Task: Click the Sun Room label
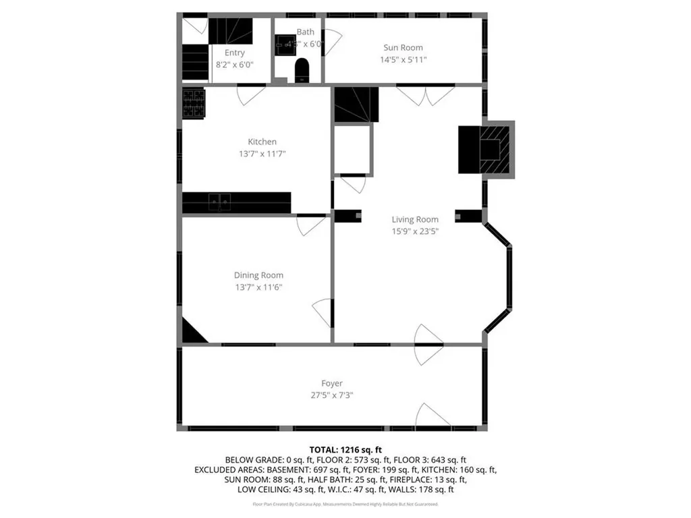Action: tap(403, 47)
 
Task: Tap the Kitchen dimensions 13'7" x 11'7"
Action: tap(262, 154)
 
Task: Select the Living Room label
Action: tap(415, 219)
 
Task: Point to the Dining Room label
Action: tap(258, 275)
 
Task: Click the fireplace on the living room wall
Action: tap(487, 149)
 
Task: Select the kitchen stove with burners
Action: tap(194, 103)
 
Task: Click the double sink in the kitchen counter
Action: tap(219, 202)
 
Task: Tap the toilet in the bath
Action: tap(302, 70)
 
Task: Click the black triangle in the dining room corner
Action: tap(192, 333)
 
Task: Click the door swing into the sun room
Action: tap(333, 42)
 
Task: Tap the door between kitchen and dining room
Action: tap(310, 225)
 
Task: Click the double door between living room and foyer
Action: tap(428, 345)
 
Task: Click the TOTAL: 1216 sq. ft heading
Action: tap(345, 449)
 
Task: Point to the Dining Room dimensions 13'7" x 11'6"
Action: tap(258, 287)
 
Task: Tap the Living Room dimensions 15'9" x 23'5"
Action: tap(415, 231)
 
